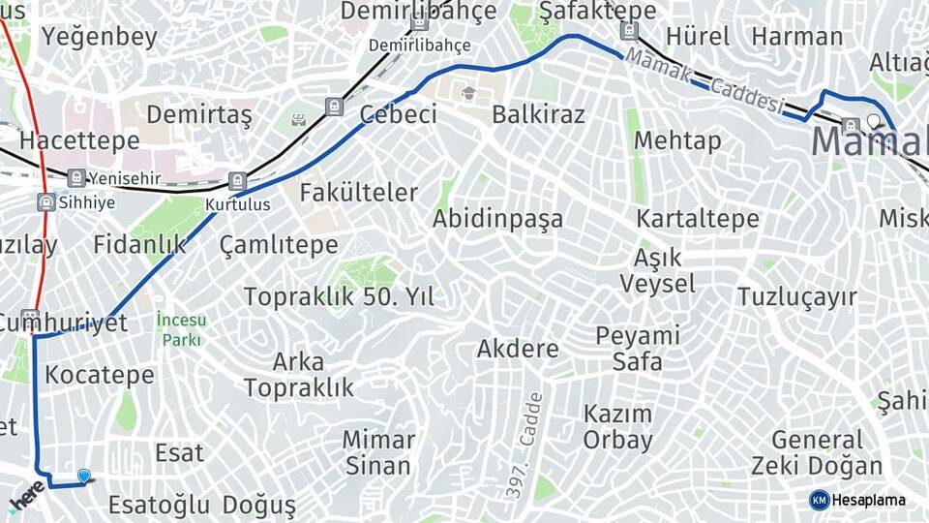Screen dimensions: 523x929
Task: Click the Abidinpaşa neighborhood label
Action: (x=497, y=219)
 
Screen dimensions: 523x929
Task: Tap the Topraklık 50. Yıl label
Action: (x=339, y=296)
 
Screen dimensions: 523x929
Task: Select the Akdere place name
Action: (x=518, y=349)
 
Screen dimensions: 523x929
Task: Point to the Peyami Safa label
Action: (x=638, y=349)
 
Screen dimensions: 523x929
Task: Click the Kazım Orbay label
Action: (x=617, y=427)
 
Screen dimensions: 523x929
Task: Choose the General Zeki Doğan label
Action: (x=817, y=453)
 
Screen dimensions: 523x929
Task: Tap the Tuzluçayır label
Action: (x=797, y=296)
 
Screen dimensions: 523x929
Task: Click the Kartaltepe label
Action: (x=697, y=219)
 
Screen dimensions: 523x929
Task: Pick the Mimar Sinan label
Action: (x=378, y=452)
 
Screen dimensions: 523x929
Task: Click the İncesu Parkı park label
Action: (x=181, y=330)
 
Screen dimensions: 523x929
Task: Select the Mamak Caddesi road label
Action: (x=704, y=83)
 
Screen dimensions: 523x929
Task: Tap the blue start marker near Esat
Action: (x=84, y=476)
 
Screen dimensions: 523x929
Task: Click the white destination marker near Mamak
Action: (x=874, y=121)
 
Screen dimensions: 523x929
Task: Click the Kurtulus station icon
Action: (x=237, y=180)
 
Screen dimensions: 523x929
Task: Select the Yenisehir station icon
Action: (x=76, y=177)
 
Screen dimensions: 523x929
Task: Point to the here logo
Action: (x=27, y=495)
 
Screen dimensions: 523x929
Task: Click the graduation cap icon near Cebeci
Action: (x=469, y=94)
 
